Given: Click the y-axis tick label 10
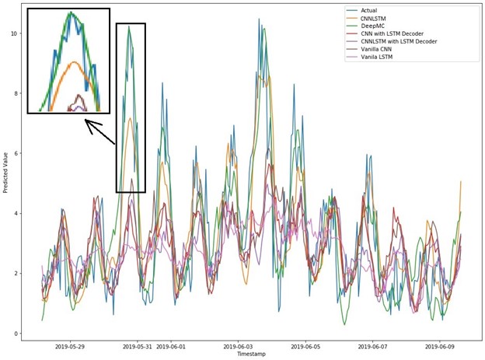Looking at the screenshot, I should (x=13, y=33).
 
